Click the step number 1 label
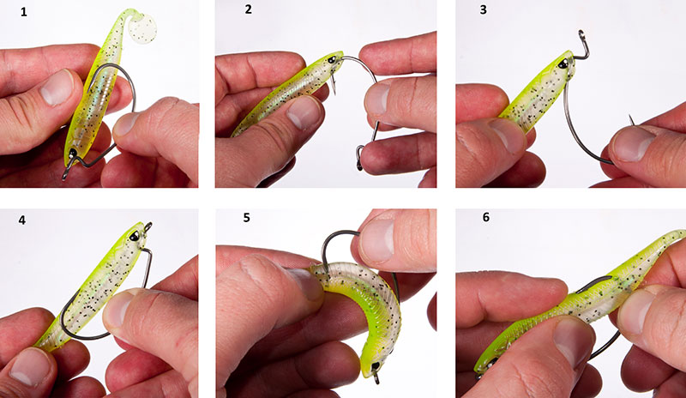tap(24, 12)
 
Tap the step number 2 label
tap(249, 9)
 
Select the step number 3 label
tap(483, 9)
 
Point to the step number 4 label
tap(22, 220)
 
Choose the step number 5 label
tap(247, 218)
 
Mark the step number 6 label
tap(486, 217)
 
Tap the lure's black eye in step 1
tap(72, 154)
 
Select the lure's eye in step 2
tap(332, 59)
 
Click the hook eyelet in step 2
tap(359, 159)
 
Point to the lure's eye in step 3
tap(563, 63)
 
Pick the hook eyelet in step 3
tap(582, 37)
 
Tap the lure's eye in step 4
tap(135, 236)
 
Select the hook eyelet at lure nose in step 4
tap(147, 226)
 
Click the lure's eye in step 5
tap(374, 365)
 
